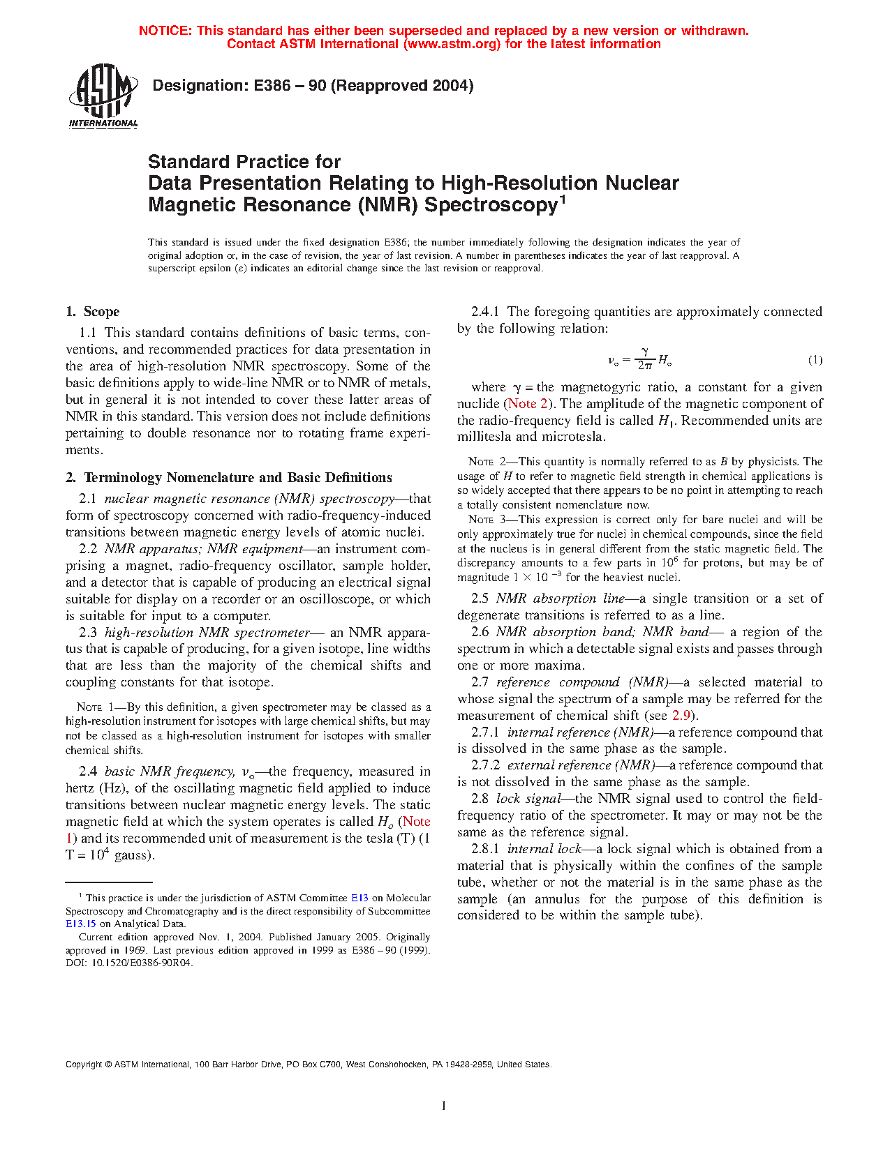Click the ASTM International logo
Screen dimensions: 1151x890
click(103, 96)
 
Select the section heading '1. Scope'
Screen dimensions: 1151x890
click(93, 312)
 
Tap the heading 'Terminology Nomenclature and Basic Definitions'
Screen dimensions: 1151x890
click(238, 478)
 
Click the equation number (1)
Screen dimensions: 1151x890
click(815, 360)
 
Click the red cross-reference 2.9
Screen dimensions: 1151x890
click(681, 716)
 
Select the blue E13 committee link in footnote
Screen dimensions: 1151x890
click(359, 898)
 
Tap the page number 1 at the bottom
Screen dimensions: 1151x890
click(444, 1106)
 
